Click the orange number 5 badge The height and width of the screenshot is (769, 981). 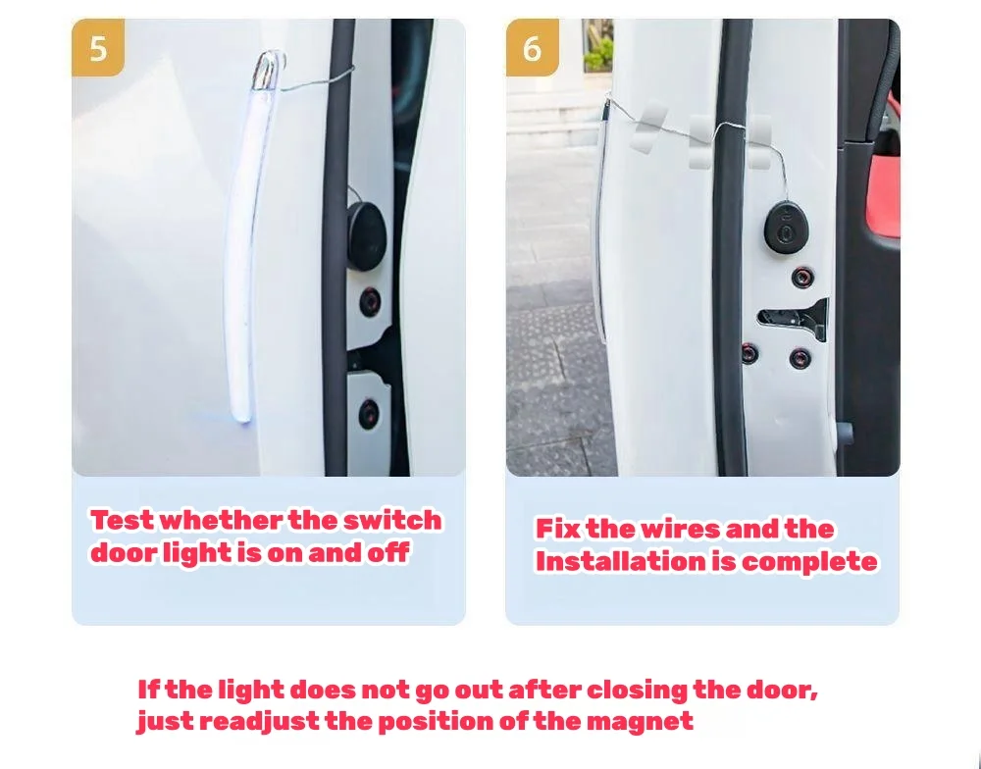[98, 47]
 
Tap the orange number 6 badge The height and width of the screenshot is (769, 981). [533, 47]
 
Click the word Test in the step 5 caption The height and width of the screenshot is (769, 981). [122, 520]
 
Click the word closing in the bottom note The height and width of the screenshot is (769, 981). [637, 690]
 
